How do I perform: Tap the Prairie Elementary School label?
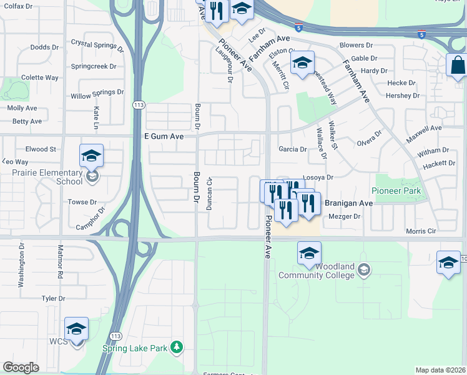point(42,177)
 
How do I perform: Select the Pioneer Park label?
point(395,191)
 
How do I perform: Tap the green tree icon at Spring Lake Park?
point(177,346)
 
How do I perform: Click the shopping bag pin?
point(458,64)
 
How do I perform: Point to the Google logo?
point(21,367)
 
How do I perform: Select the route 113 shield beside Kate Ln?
point(136,106)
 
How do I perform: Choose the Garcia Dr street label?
point(292,149)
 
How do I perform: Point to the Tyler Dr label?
point(53,299)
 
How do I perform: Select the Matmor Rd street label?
point(61,266)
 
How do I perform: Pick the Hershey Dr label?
point(402,96)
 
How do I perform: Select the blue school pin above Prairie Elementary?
point(91,155)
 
